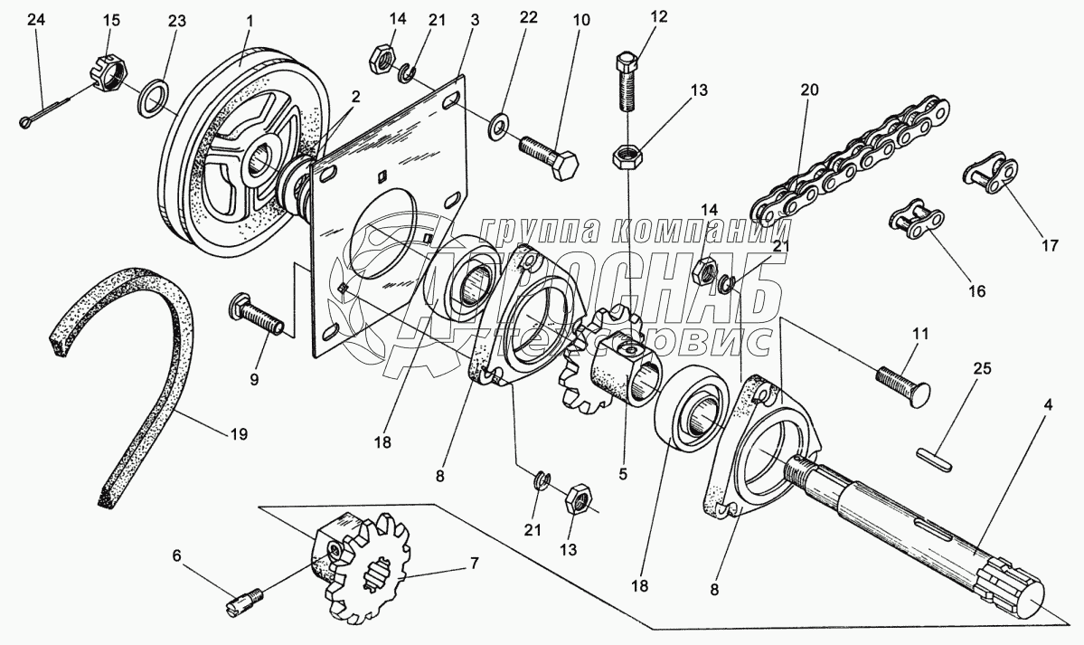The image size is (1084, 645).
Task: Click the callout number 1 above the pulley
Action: pyautogui.click(x=250, y=18)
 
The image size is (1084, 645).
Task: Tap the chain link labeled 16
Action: pyautogui.click(x=917, y=220)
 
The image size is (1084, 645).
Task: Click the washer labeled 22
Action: pyautogui.click(x=498, y=127)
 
